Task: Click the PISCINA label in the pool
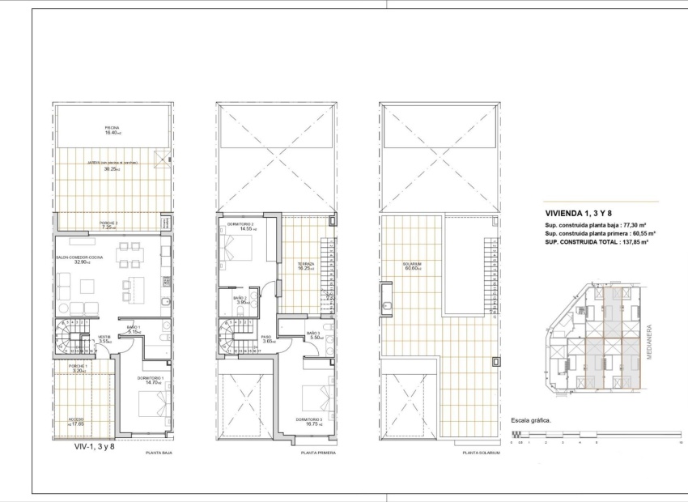pos(112,128)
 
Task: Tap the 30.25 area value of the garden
pos(112,169)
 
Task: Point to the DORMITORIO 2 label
pos(241,224)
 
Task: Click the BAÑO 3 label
pos(316,333)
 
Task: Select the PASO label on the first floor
pos(267,338)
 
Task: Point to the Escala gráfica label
pos(530,421)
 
